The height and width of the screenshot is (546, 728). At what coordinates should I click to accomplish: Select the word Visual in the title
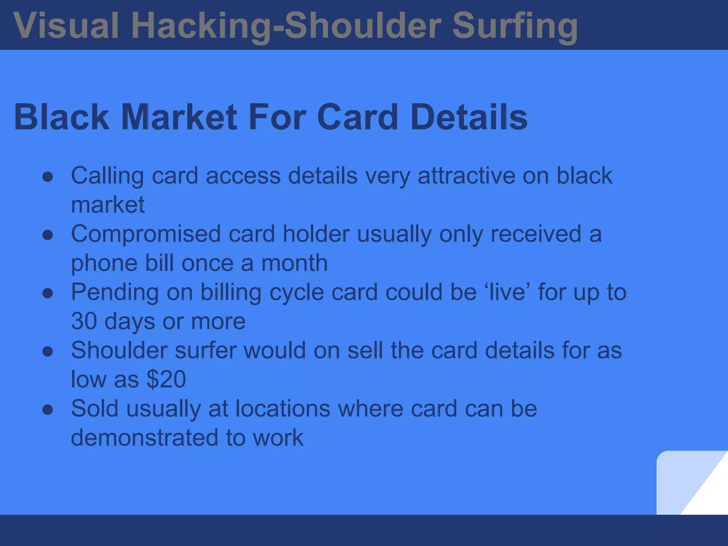(x=66, y=26)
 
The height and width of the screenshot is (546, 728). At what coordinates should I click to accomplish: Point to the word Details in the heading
(x=469, y=117)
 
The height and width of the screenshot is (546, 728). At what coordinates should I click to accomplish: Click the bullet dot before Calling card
(x=48, y=177)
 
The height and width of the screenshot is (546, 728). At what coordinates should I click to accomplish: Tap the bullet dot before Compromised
(x=48, y=235)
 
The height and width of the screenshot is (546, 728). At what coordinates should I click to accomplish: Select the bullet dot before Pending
(x=48, y=293)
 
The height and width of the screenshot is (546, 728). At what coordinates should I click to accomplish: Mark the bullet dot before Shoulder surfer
(x=48, y=352)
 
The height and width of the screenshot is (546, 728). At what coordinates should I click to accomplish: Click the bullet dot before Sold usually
(x=48, y=410)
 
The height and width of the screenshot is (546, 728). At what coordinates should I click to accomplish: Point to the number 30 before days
(x=84, y=321)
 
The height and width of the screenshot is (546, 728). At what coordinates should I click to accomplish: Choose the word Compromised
(x=146, y=235)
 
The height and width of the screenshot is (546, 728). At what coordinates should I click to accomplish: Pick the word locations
(x=283, y=409)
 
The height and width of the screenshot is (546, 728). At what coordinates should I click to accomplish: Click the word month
(x=294, y=263)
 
